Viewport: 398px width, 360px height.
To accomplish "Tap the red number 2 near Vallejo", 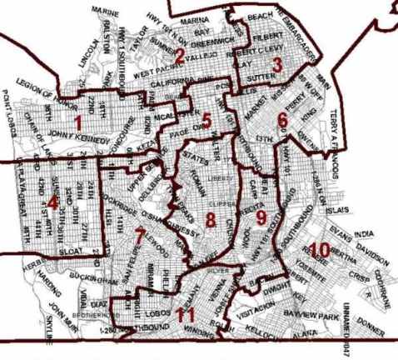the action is click(x=179, y=56).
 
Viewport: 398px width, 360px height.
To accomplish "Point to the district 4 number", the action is click(x=52, y=203).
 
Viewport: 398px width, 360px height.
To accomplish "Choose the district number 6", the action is click(x=282, y=119).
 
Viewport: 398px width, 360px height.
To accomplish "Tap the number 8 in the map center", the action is click(x=211, y=221).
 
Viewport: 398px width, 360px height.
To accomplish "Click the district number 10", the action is click(x=320, y=247).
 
